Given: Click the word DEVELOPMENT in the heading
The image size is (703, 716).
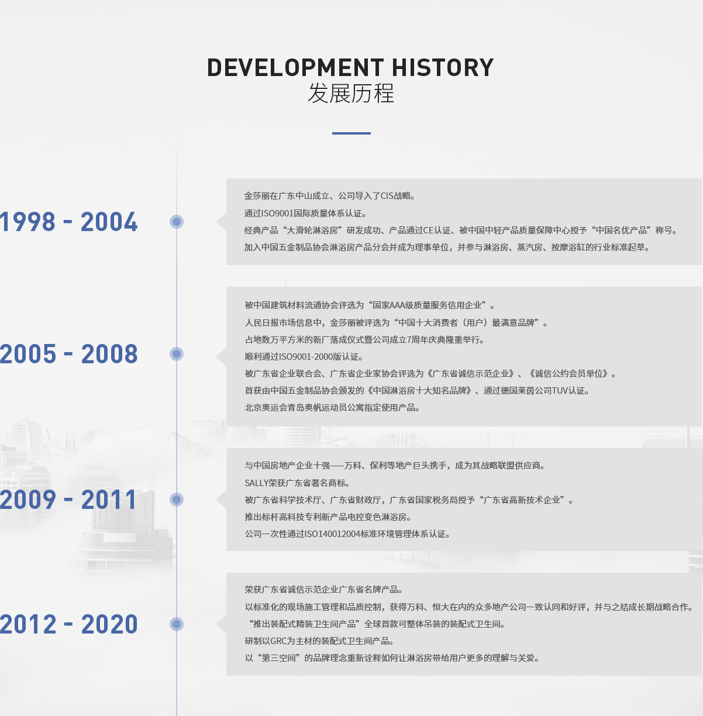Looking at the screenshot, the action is pyautogui.click(x=295, y=68).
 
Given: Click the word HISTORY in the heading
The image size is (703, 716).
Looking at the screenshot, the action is pyautogui.click(x=443, y=68).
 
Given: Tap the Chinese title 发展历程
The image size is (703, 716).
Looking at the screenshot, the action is pyautogui.click(x=351, y=93).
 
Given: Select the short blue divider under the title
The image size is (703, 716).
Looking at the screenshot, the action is pyautogui.click(x=351, y=133).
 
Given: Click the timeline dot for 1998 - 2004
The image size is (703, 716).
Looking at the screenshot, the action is pyautogui.click(x=177, y=222).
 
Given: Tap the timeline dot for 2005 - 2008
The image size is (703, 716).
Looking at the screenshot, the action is pyautogui.click(x=177, y=354).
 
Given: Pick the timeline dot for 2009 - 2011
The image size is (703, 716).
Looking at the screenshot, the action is pyautogui.click(x=177, y=500).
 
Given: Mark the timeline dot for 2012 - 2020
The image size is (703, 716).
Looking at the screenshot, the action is pyautogui.click(x=177, y=624).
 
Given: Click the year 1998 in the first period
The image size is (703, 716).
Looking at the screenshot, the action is pyautogui.click(x=27, y=222).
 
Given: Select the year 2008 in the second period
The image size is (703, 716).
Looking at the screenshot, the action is pyautogui.click(x=109, y=354).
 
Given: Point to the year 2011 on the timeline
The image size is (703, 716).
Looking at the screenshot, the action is pyautogui.click(x=109, y=500).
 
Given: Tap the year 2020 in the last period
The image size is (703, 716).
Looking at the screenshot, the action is pyautogui.click(x=109, y=624).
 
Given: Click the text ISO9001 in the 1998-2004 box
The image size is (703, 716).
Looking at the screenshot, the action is pyautogui.click(x=277, y=214).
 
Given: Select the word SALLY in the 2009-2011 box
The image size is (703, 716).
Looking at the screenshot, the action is pyautogui.click(x=256, y=483).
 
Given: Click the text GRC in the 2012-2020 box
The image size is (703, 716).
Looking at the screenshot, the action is pyautogui.click(x=278, y=641).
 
